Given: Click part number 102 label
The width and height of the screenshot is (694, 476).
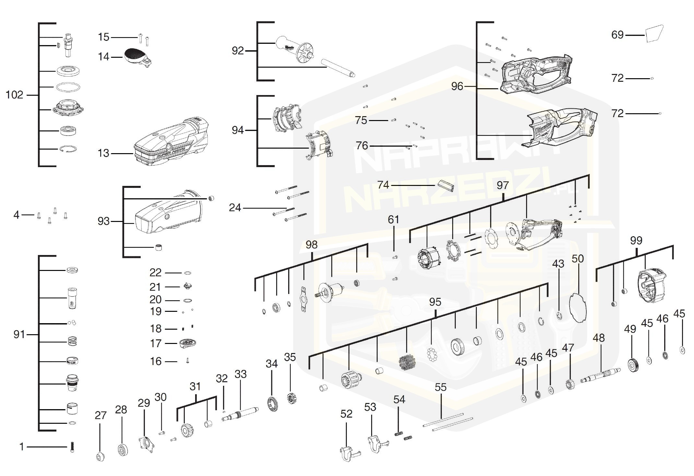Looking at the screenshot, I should pos(15,95).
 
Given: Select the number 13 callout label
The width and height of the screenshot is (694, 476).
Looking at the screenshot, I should pos(103,153).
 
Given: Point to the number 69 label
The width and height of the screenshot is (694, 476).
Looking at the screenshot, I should pos(617,35).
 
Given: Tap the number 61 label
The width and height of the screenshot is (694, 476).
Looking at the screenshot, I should pos(393,220).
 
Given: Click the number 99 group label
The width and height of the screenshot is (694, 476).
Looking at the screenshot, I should pos(636,240).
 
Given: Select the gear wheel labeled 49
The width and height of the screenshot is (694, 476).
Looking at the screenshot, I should pos(633,365).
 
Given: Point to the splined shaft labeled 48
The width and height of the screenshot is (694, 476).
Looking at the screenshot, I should pos(600,376).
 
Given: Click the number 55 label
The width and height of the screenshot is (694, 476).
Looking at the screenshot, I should pos(441,387).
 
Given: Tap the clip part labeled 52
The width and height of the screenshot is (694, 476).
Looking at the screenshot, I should pos(348,453).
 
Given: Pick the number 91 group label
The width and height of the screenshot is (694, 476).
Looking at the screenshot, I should pos(19,334).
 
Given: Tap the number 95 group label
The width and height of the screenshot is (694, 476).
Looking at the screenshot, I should pos(435,302).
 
